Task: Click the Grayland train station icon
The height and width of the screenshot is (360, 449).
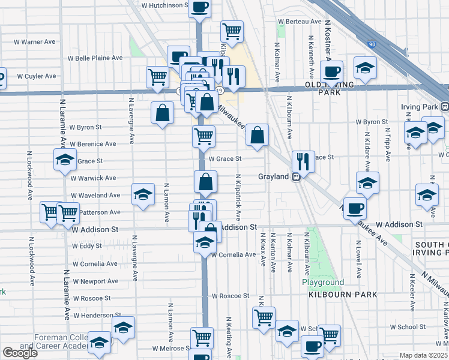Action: click(295, 177)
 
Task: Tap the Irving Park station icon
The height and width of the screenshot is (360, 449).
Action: click(445, 107)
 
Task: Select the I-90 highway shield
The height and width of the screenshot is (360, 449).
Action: click(372, 44)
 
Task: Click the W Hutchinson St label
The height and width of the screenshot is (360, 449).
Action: click(164, 5)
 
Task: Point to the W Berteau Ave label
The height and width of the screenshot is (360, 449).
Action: click(300, 22)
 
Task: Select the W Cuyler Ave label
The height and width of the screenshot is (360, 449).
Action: click(36, 76)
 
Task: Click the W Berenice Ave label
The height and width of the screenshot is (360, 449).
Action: click(93, 144)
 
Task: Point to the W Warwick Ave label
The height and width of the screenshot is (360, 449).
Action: click(93, 178)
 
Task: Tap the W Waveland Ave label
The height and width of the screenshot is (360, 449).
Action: click(95, 195)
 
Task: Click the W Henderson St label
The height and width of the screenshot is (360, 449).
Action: click(96, 315)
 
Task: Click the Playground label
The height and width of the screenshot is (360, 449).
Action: click(323, 283)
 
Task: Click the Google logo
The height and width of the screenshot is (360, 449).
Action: click(20, 353)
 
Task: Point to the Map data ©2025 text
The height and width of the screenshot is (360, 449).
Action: click(423, 355)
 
